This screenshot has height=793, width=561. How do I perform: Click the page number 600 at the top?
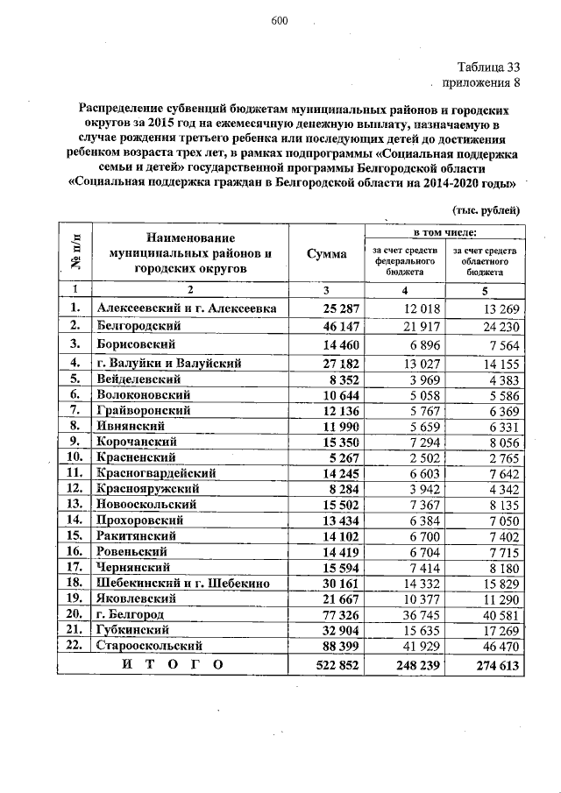coord(280,22)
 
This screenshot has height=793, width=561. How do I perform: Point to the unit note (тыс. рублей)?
coord(486,210)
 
